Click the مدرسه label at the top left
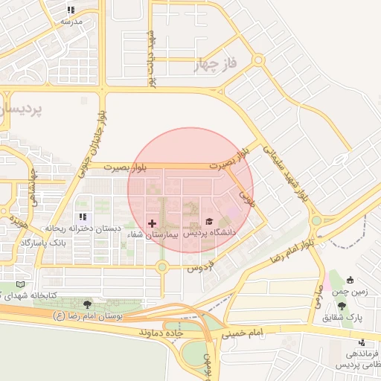71,22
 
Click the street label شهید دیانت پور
152,60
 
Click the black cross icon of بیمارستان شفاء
152,223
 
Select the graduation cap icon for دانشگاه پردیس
209,222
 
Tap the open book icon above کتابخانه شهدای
20,284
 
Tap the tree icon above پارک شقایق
342,306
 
